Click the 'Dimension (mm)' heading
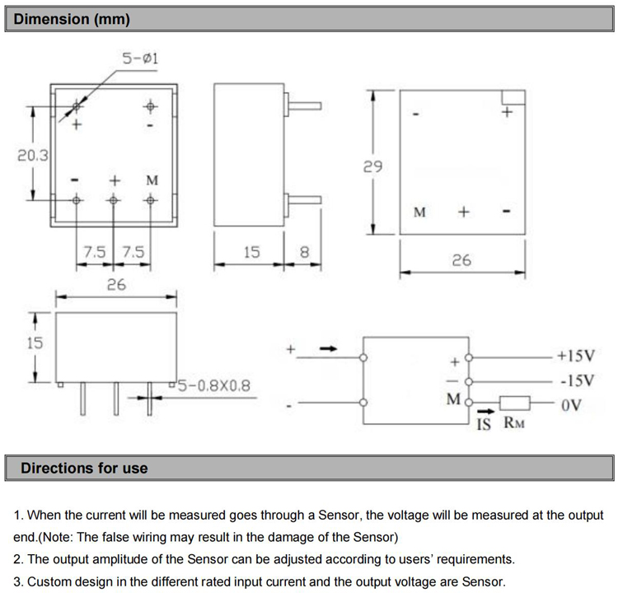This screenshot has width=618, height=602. click(73, 19)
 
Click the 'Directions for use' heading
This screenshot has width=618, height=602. click(84, 468)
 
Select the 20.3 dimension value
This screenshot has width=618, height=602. click(34, 155)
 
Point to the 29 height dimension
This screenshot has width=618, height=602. click(372, 166)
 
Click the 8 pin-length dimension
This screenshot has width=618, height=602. click(304, 252)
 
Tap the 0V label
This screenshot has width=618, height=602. click(570, 404)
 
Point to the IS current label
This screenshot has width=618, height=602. click(485, 425)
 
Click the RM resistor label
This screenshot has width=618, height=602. click(513, 425)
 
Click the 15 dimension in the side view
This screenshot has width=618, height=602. click(251, 252)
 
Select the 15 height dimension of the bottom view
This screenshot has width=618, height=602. click(34, 343)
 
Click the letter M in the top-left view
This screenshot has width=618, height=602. click(152, 180)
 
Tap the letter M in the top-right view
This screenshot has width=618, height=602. click(419, 212)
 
